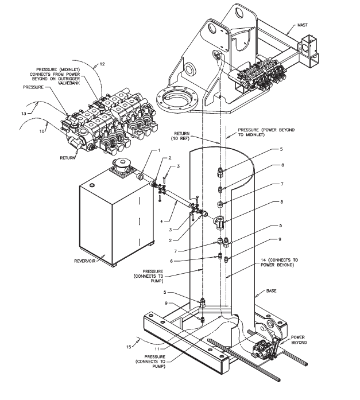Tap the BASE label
(x=272, y=292)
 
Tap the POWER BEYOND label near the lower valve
(x=298, y=339)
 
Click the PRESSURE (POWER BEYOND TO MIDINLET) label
(x=261, y=134)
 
